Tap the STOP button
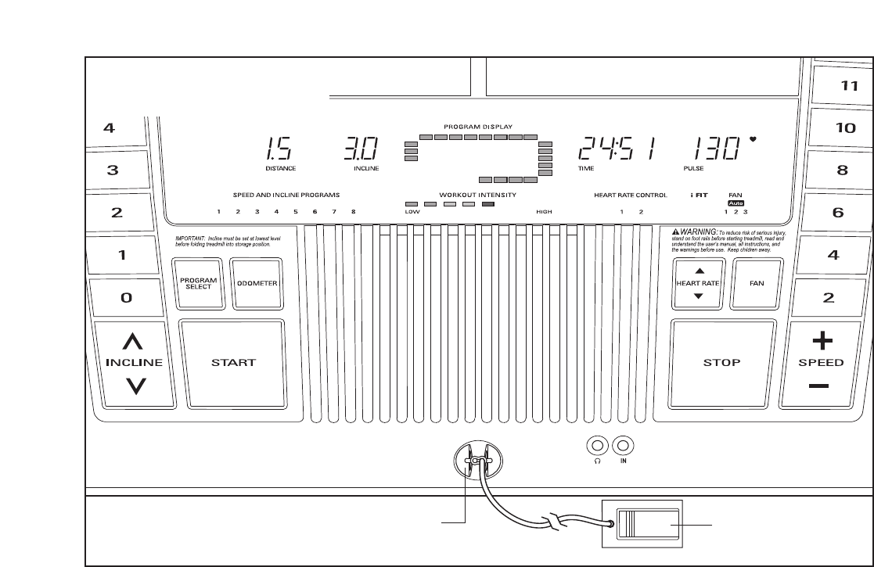(721, 362)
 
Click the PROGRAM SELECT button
(197, 283)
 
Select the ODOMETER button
(258, 283)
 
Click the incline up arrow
(135, 341)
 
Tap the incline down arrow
(135, 385)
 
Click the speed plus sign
(821, 341)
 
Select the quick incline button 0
(125, 298)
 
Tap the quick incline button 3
(113, 170)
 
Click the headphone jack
(598, 446)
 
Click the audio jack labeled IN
(623, 446)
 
